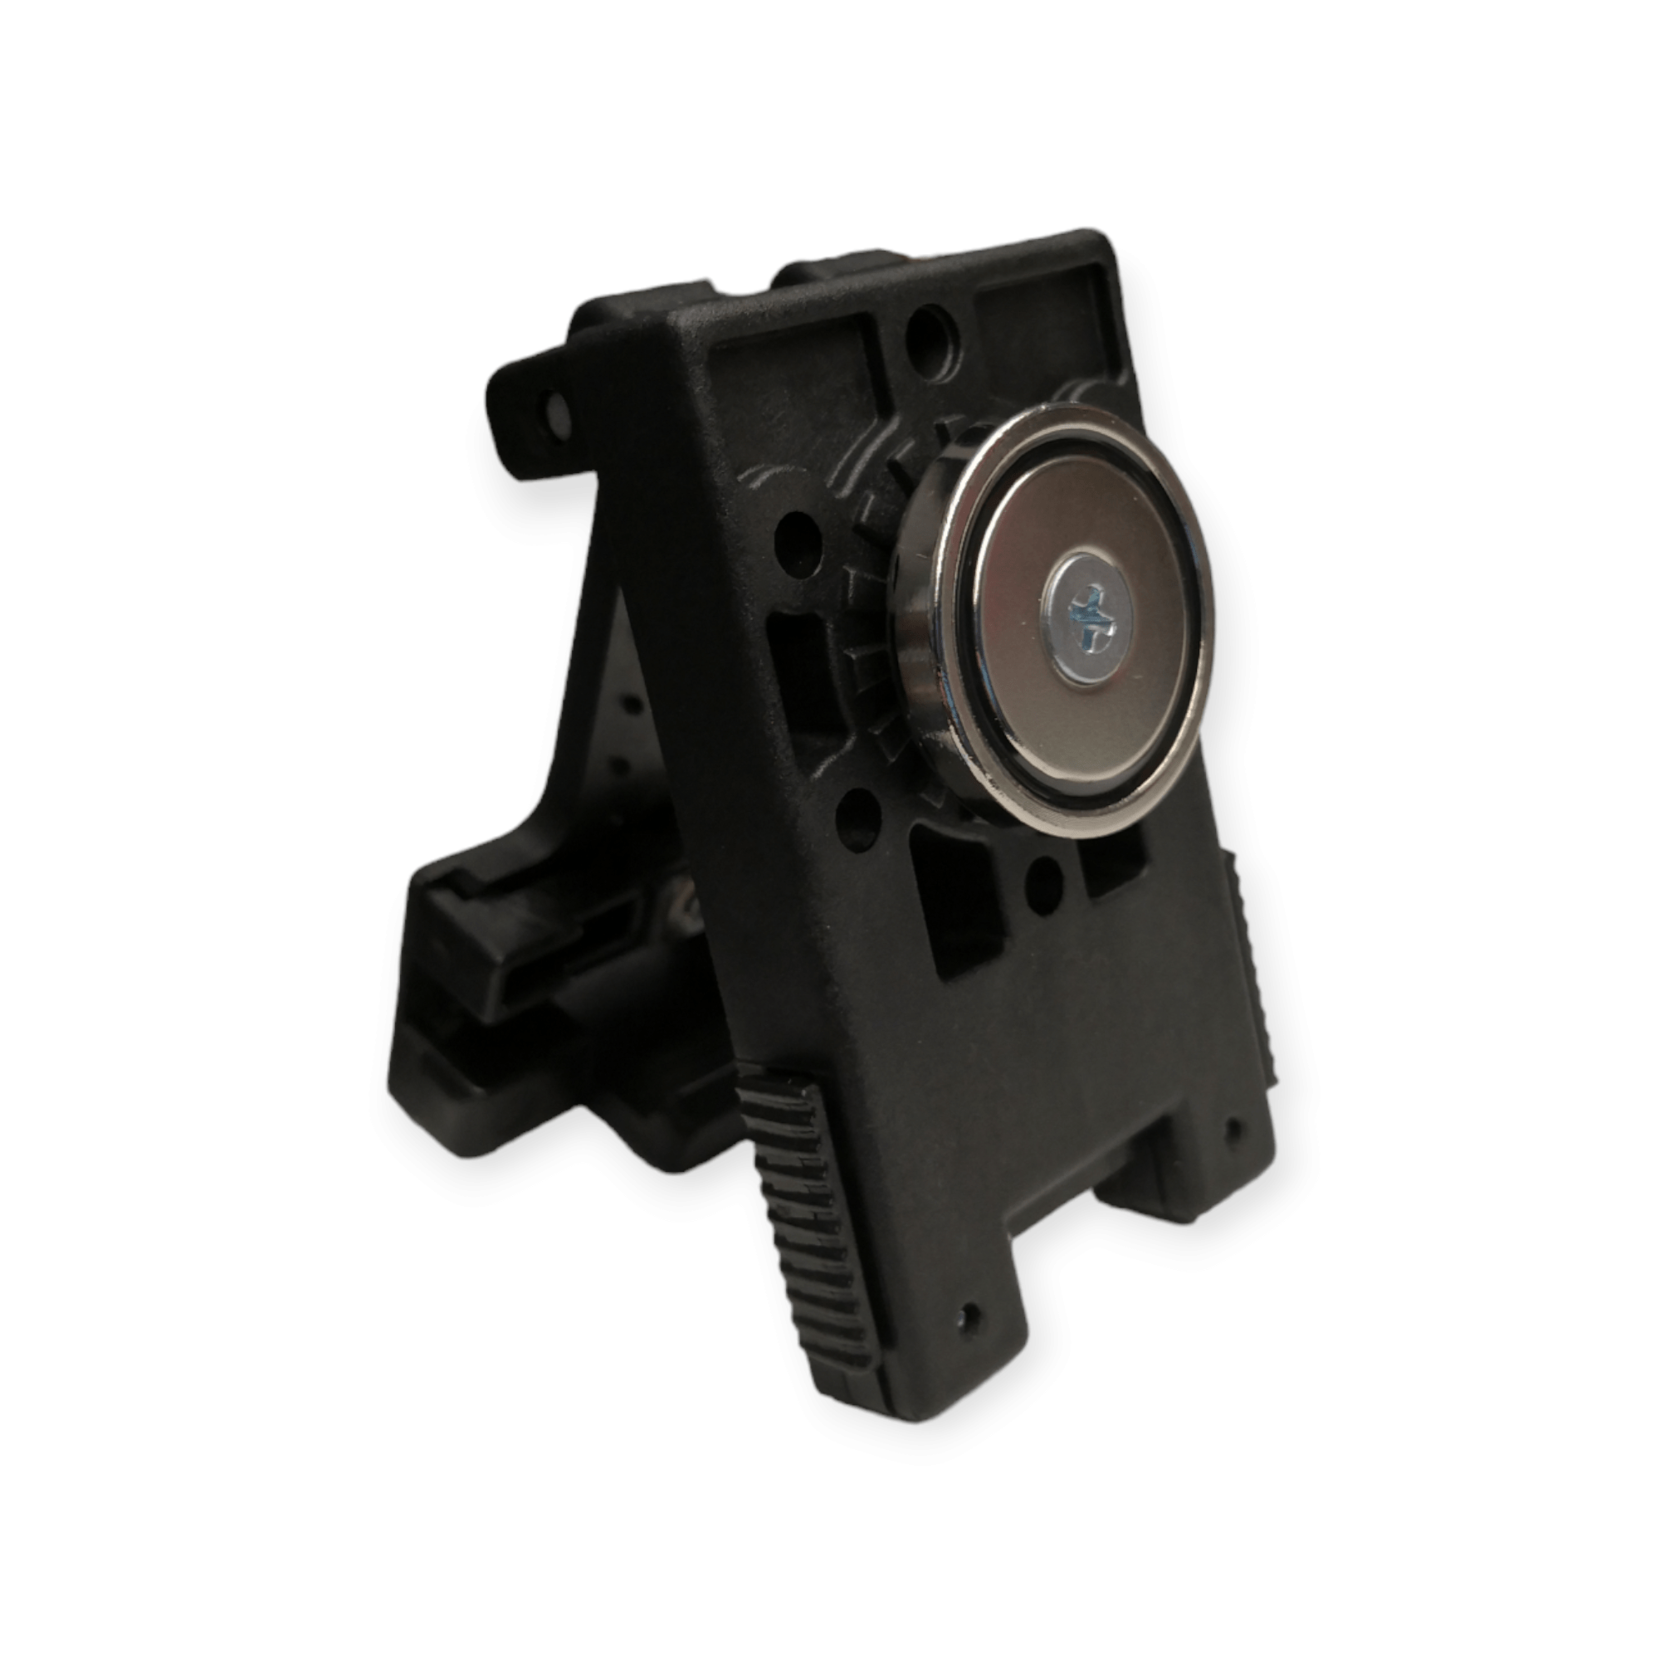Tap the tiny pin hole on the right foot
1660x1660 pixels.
point(1235,1124)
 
